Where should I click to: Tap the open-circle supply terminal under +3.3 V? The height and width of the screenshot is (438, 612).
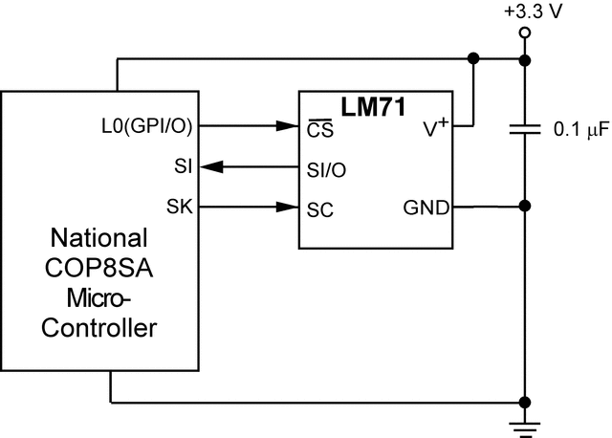click(524, 33)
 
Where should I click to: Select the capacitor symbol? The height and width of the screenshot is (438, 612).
click(524, 129)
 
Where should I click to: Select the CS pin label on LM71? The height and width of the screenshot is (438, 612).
click(317, 126)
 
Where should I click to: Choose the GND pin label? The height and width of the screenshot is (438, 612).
click(427, 207)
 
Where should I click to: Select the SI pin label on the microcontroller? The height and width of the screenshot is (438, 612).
click(182, 166)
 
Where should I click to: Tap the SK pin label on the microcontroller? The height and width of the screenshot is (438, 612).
click(179, 207)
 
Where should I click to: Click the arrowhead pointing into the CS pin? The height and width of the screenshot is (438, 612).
click(288, 125)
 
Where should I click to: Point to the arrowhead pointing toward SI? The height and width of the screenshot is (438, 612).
click(211, 166)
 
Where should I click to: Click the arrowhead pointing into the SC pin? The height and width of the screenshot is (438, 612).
click(288, 207)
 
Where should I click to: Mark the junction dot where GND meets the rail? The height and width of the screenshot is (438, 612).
click(524, 207)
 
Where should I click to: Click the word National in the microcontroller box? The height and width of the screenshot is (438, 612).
click(99, 237)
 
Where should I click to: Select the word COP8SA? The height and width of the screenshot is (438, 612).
click(99, 268)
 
